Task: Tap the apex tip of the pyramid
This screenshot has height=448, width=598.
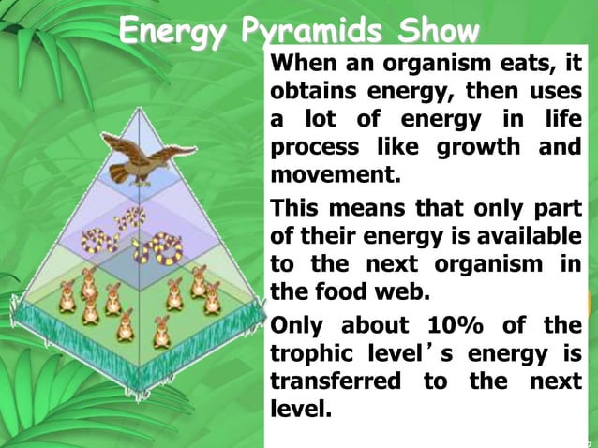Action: point(142,109)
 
